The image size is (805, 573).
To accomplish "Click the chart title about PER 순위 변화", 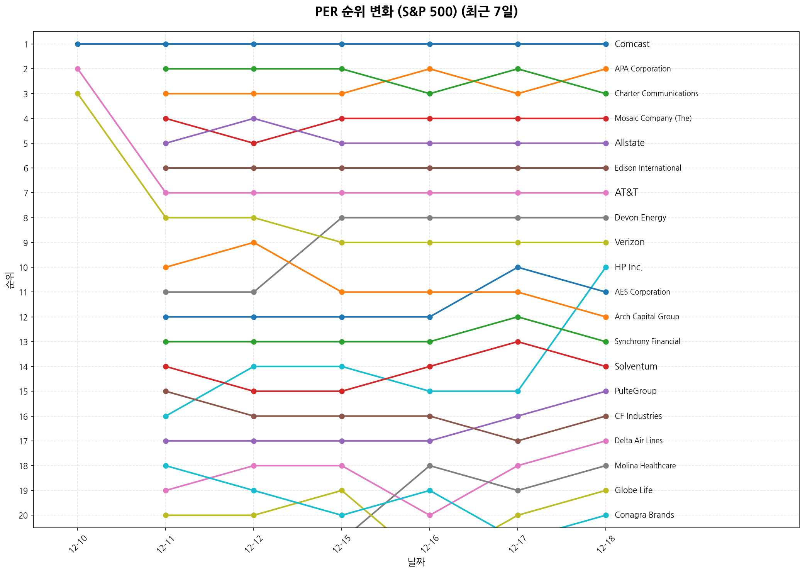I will pos(416,12).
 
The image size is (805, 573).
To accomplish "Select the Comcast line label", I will pos(632,44).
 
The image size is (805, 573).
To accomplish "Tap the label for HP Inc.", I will pos(629,268).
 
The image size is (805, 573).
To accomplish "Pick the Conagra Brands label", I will pos(644,515).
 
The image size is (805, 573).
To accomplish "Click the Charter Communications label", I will pos(656,94).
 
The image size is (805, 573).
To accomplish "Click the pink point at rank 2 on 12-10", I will pos(78,69).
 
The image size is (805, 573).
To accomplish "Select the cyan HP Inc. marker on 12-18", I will pos(606,268).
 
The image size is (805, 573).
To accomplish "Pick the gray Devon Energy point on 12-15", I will pos(342,218).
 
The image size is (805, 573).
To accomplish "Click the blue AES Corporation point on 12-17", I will pos(518,268).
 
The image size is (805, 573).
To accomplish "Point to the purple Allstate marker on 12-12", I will pos(254,119).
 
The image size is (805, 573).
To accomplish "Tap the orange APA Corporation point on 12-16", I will pos(430,69).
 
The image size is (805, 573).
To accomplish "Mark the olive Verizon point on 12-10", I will pos(78,94).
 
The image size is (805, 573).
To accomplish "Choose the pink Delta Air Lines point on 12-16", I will pos(430,515).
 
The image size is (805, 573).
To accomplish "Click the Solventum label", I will pos(636,367).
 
